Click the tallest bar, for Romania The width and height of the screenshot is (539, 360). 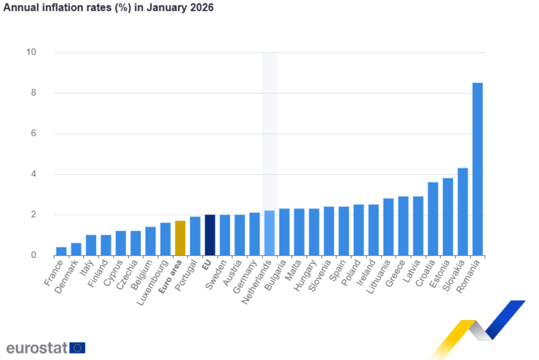click(477, 169)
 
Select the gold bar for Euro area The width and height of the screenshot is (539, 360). click(180, 237)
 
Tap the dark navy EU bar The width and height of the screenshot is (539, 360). click(210, 234)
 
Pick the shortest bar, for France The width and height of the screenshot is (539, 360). click(61, 251)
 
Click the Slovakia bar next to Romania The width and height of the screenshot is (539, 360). click(462, 212)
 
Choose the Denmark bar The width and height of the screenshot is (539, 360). click(76, 249)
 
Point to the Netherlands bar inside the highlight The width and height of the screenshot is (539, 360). click(269, 233)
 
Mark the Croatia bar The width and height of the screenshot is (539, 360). click(433, 218)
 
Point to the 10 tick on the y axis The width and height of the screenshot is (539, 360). click(31, 52)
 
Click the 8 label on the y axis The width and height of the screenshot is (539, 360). click(33, 93)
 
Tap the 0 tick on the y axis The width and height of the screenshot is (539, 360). click(33, 255)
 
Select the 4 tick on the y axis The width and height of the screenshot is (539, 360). click(33, 174)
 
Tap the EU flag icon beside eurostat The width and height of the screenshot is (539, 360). click(78, 347)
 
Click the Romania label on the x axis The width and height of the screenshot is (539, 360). click(468, 276)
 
